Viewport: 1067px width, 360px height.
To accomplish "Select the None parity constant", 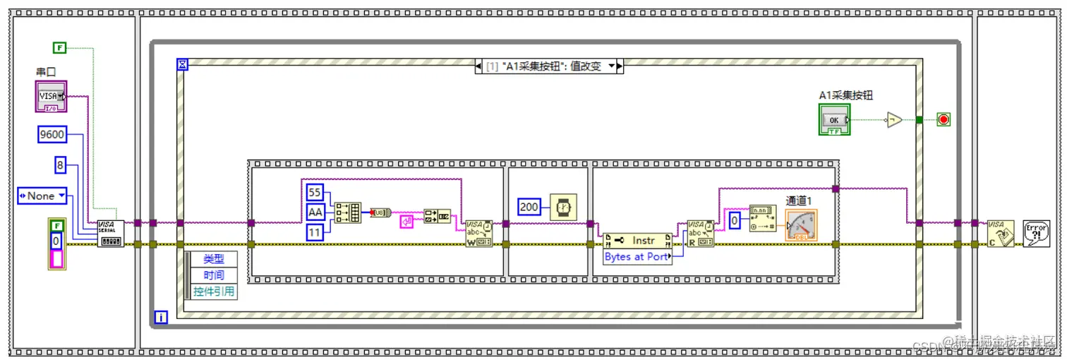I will click(42, 196).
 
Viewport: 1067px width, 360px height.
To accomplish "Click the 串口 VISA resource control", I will click(51, 96).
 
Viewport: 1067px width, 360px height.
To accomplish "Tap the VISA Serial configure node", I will click(111, 233).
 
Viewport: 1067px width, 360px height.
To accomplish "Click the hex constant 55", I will click(315, 192).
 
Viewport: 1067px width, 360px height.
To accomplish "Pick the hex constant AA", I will click(315, 212).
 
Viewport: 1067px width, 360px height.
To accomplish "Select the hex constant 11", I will click(315, 232).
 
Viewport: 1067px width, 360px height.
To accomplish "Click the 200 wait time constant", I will click(530, 206).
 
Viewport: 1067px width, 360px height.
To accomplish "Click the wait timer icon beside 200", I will click(563, 206).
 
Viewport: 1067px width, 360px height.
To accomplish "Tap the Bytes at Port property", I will click(637, 257).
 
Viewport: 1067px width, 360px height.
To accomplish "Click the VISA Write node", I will click(478, 233).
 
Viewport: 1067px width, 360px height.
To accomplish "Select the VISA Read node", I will click(700, 233).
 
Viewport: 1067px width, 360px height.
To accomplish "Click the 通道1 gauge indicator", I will click(801, 225).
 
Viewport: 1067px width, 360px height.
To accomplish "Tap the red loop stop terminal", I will click(944, 119).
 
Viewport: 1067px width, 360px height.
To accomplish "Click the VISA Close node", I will click(1001, 233).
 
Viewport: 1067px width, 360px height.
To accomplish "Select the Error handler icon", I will click(1035, 233).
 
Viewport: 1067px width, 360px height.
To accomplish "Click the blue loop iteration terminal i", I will click(160, 318).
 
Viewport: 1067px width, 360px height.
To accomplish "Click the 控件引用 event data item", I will click(214, 292).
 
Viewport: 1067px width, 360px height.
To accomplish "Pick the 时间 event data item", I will click(214, 275).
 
